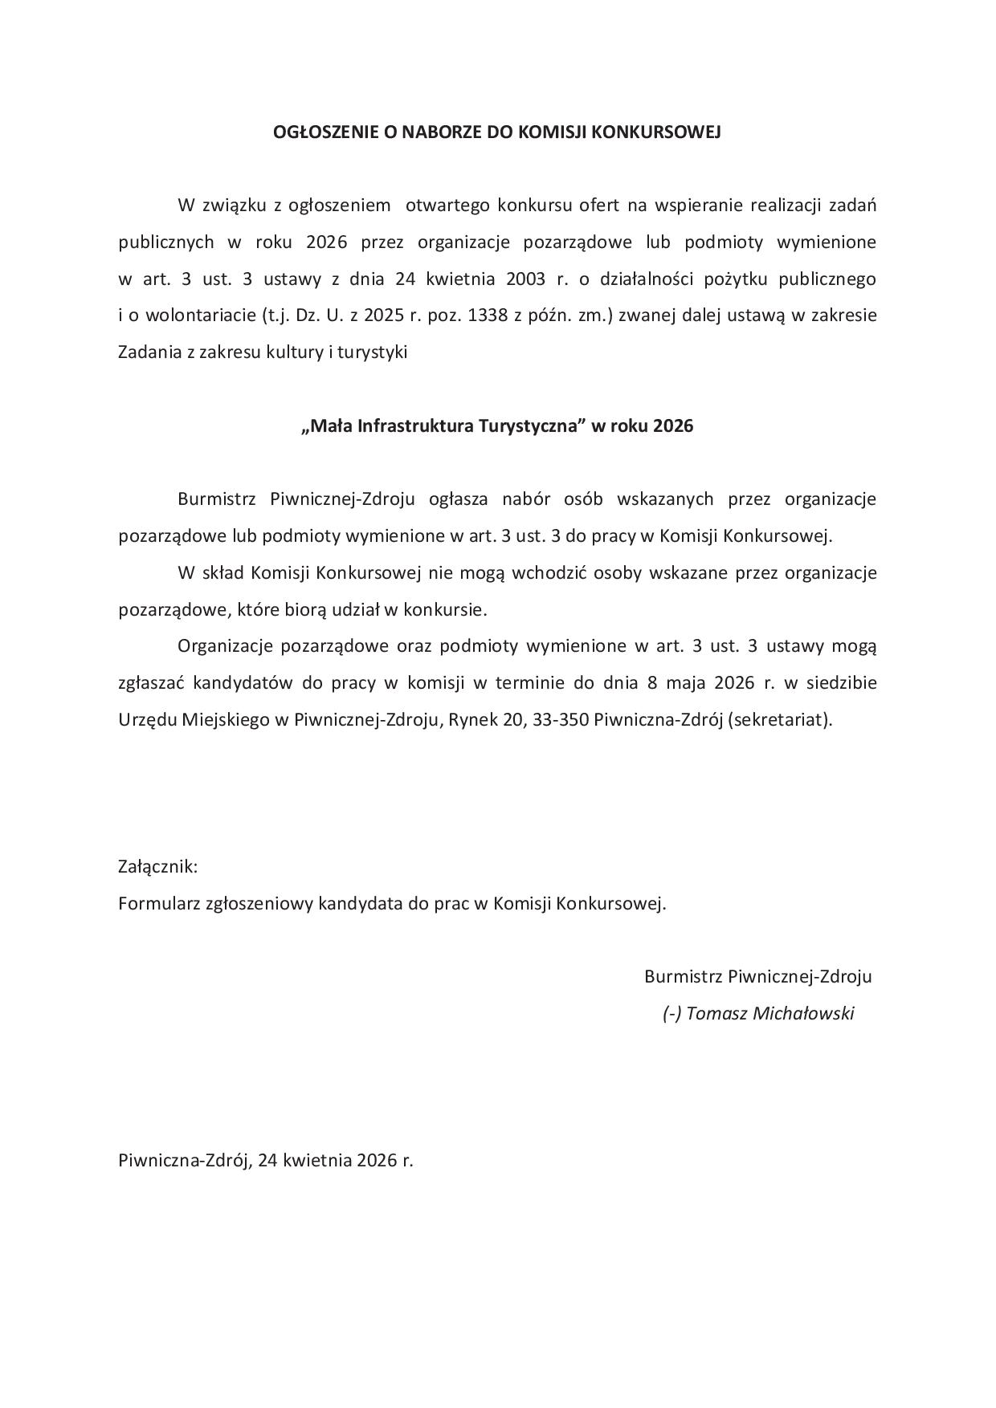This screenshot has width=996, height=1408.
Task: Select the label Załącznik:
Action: (x=157, y=867)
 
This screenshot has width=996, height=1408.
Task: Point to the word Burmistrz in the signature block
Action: (x=682, y=977)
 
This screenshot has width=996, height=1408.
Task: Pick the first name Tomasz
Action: (x=716, y=1013)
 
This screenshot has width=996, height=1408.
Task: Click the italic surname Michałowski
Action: (x=803, y=1013)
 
